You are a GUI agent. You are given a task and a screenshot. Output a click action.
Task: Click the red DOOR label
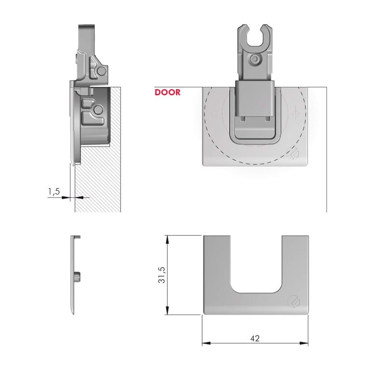[167, 92]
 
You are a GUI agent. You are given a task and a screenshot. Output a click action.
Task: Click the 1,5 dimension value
[54, 191]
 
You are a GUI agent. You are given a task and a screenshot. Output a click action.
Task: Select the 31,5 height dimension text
[162, 275]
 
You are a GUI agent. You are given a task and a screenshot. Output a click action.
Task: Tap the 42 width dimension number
[255, 339]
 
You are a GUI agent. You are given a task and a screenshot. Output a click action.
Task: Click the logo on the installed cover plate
[293, 153]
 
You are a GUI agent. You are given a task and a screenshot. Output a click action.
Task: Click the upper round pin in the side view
[101, 71]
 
